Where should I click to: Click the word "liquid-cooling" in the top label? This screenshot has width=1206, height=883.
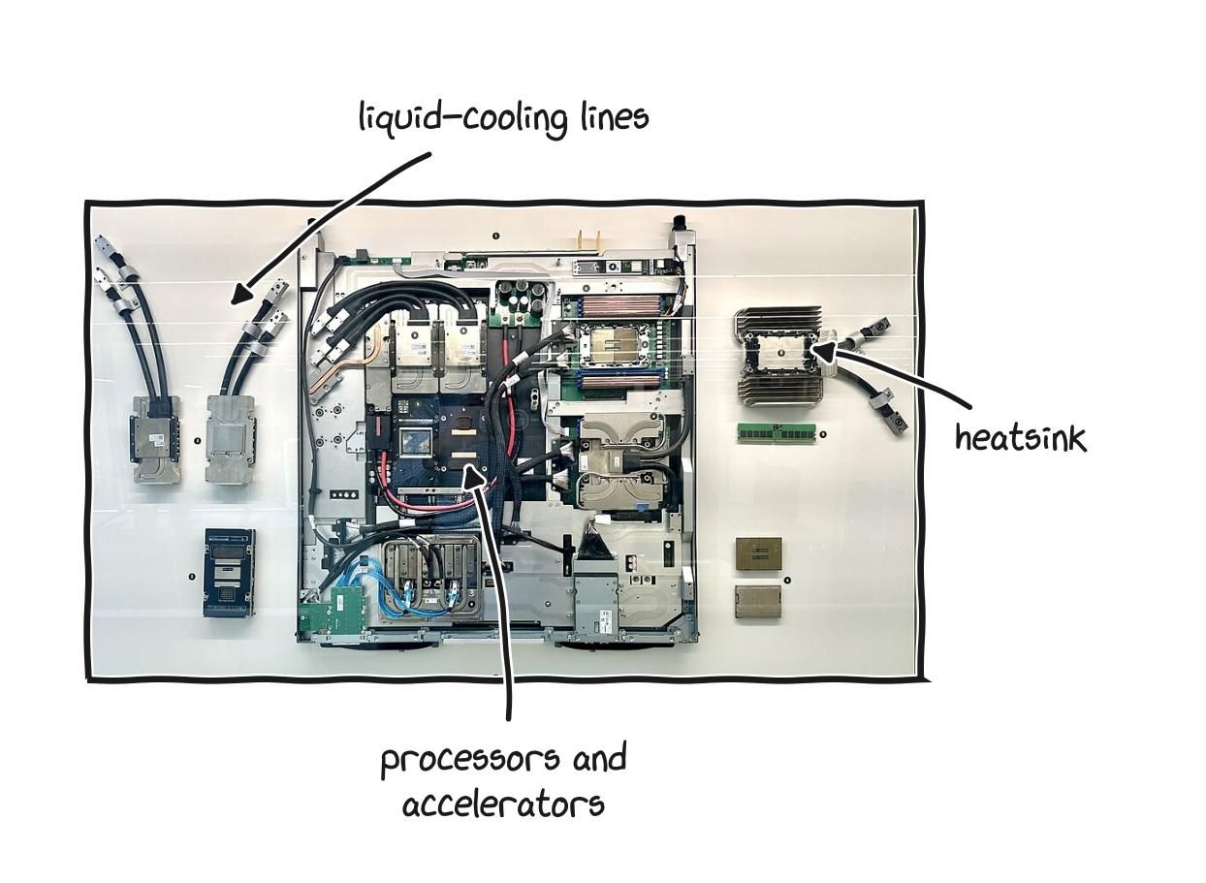tap(463, 119)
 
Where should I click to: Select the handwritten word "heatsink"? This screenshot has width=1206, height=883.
tap(1021, 437)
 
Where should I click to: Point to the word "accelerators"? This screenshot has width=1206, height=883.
tap(503, 805)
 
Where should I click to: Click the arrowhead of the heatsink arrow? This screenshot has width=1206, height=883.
tap(824, 351)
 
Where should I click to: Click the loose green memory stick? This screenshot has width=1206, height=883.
tap(777, 432)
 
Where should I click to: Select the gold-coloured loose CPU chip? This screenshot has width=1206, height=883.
tap(759, 552)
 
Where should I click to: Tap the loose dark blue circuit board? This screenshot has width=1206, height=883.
tap(229, 573)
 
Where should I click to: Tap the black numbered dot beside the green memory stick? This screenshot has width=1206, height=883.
tap(823, 434)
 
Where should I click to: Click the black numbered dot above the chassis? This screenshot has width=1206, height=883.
tap(495, 236)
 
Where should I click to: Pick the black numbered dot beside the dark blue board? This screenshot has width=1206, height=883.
tap(192, 577)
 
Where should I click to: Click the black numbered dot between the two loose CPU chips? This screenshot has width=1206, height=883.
tap(787, 581)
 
